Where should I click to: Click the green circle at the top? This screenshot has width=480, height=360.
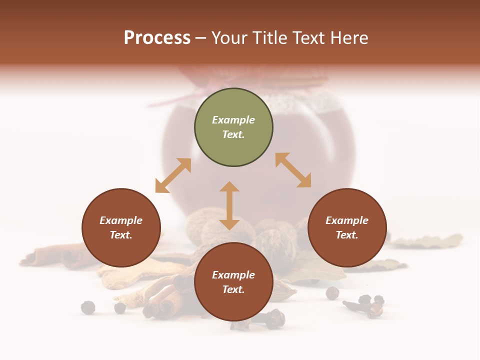(233, 127)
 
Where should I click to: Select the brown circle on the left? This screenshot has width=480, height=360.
(121, 227)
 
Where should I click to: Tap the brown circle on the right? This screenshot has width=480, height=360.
(347, 227)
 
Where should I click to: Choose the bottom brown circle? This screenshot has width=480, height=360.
(233, 282)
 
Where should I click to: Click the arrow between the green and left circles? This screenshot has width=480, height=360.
(173, 175)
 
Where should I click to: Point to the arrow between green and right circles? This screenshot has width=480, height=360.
(293, 170)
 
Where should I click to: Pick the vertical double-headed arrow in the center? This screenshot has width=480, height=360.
(229, 205)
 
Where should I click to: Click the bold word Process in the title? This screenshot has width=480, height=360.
(157, 38)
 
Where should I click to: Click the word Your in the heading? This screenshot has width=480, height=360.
(229, 38)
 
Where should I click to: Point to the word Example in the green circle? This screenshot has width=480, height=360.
(233, 120)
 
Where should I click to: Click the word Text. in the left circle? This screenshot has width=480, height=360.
(121, 235)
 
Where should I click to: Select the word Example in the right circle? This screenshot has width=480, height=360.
(347, 220)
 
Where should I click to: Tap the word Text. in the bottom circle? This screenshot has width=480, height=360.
(233, 289)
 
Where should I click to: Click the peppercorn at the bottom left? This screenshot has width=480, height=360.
(88, 307)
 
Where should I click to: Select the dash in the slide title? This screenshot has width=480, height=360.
(201, 38)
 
